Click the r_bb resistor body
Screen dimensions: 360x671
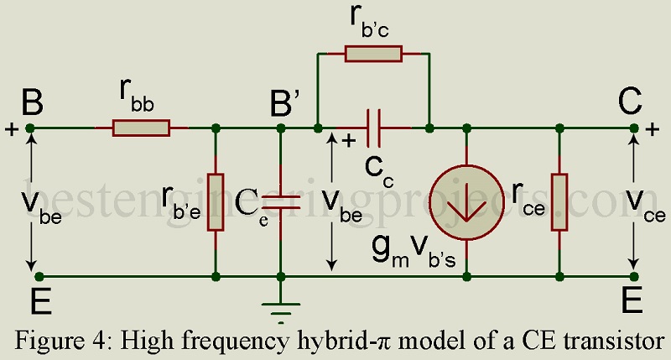click(x=141, y=128)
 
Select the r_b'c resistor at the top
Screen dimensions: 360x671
click(x=373, y=54)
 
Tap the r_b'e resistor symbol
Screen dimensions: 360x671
click(x=216, y=201)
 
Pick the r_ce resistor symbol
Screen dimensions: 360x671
click(x=559, y=202)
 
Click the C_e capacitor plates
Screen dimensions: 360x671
click(x=280, y=201)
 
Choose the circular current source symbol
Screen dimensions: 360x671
click(x=466, y=202)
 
